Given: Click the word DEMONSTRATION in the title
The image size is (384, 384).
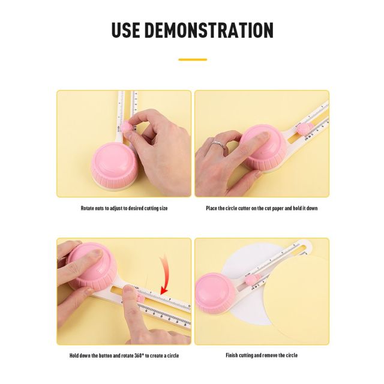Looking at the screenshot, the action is [x=209, y=30].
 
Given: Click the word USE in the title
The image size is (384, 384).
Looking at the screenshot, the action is [x=125, y=30].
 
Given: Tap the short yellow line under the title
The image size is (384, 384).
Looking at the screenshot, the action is [x=193, y=59].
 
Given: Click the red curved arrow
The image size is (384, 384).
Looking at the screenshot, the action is [x=164, y=275].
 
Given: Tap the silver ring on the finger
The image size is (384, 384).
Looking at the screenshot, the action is [x=218, y=144].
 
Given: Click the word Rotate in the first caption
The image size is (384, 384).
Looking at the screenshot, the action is [x=88, y=208].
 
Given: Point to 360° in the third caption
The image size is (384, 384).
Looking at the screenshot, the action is [x=139, y=356].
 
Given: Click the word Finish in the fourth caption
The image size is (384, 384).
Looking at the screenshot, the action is [x=232, y=355].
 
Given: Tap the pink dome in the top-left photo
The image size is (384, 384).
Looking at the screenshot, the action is [x=113, y=166].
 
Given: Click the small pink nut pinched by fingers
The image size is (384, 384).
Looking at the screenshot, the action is [x=128, y=127].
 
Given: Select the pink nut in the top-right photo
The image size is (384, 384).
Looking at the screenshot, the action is [x=304, y=129].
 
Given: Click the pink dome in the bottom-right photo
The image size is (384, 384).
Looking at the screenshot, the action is [x=216, y=293].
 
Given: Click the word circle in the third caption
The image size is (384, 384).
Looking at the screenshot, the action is [x=173, y=356].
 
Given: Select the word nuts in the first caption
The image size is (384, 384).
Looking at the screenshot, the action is [x=100, y=209].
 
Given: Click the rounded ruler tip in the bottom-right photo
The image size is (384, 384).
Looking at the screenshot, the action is [x=307, y=244].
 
